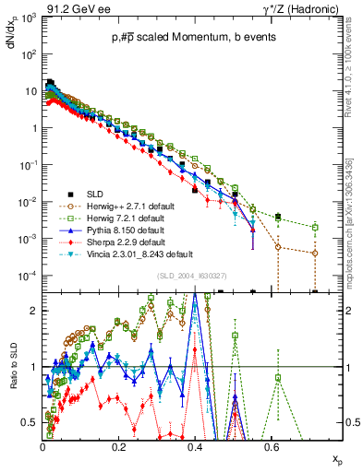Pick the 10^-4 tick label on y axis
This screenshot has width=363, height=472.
coord(28,277)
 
